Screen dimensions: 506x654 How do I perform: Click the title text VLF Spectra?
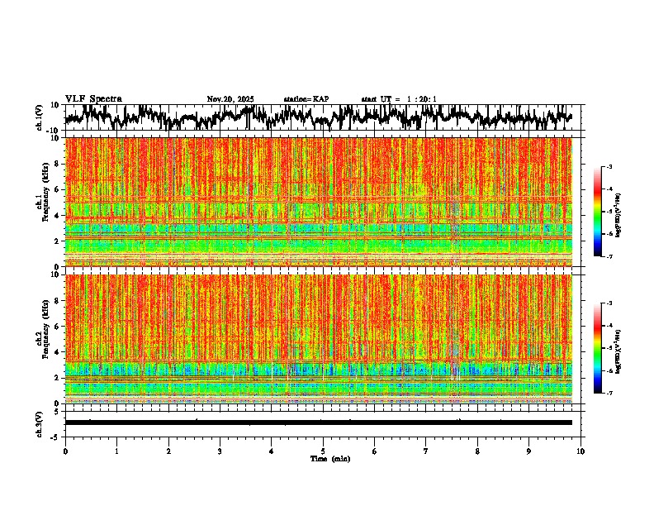93,99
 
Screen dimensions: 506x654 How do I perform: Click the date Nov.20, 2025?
230,99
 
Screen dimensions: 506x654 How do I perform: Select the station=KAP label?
306,99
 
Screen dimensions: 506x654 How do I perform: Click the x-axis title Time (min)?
329,459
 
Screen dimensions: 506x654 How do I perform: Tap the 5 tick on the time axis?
323,451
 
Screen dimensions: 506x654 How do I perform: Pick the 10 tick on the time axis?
581,451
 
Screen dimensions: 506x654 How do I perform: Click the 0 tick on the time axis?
65,451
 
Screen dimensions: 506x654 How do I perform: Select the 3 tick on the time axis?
220,451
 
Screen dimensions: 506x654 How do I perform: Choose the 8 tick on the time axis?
477,451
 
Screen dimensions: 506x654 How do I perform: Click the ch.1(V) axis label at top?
40,118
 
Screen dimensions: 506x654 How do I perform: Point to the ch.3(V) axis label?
40,422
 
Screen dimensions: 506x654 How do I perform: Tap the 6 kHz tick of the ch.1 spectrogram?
55,189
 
